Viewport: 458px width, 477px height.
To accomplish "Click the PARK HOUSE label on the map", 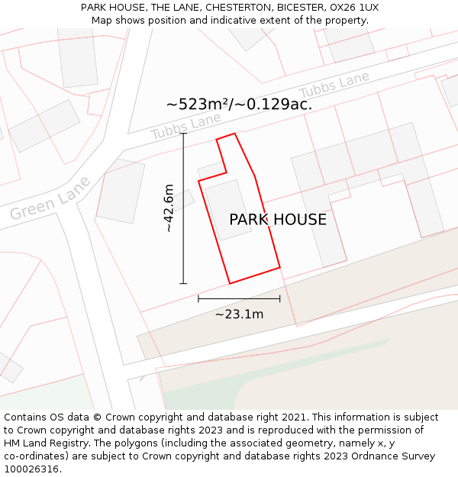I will [278, 220].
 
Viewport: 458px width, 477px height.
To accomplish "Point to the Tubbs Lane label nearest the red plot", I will [185, 126].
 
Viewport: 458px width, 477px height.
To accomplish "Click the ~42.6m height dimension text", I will [169, 208].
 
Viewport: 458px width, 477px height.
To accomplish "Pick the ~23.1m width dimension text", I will [239, 314].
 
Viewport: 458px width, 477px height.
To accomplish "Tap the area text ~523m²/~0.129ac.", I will [239, 105].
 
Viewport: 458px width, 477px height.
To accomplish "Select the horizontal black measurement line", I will [239, 298].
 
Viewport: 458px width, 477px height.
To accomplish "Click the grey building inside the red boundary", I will [227, 210].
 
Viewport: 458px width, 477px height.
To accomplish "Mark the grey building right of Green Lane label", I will [121, 192].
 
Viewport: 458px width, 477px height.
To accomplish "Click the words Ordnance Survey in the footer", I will [400, 456].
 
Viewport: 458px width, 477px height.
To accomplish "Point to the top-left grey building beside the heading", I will [78, 58].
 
